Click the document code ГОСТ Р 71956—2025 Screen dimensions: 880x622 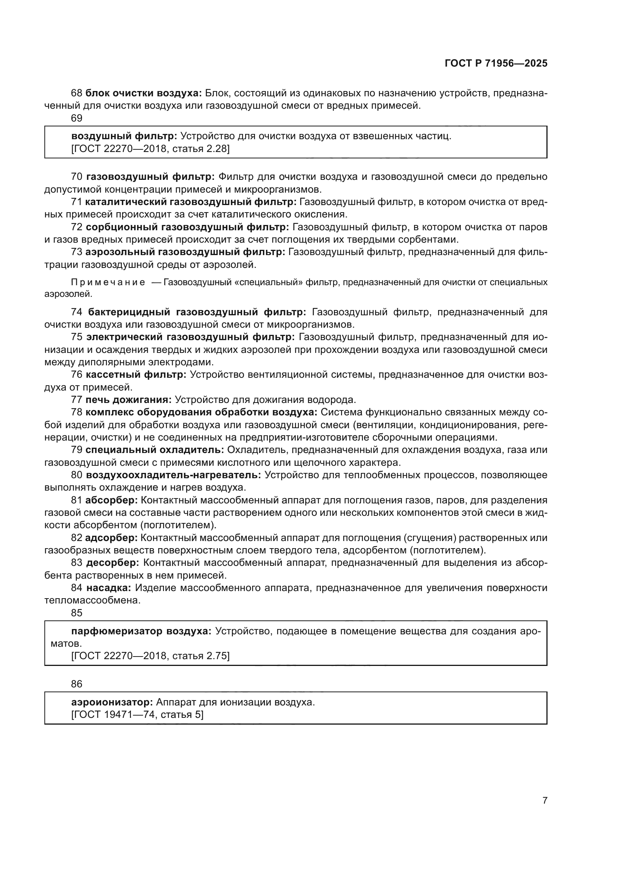[x=496, y=64]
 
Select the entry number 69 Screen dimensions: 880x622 [x=77, y=118]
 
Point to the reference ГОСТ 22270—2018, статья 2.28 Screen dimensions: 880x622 [x=150, y=149]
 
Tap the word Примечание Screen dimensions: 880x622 [x=108, y=283]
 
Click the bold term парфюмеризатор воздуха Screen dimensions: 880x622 [x=141, y=631]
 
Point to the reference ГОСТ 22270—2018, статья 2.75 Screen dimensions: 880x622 [x=150, y=656]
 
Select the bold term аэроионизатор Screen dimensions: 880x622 [x=112, y=702]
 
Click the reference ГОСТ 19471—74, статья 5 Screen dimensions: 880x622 [x=137, y=715]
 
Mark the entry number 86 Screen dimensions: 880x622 [x=77, y=684]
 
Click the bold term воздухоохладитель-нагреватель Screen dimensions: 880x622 [x=173, y=475]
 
